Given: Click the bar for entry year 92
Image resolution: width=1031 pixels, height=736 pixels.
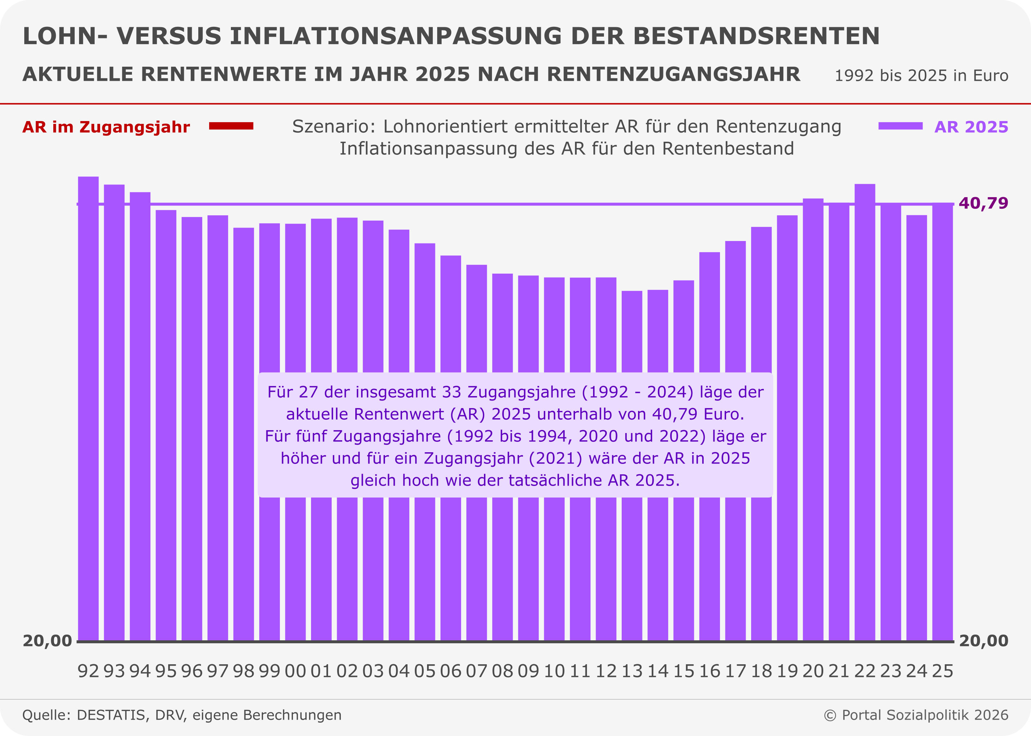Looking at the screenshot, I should [88, 408].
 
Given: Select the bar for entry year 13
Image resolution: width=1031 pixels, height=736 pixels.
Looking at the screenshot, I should [632, 566].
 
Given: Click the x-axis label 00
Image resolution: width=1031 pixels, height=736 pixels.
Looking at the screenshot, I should [295, 671].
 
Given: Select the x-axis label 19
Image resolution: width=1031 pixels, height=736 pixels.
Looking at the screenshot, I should [787, 671].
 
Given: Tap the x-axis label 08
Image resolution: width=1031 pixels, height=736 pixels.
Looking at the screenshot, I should [502, 671].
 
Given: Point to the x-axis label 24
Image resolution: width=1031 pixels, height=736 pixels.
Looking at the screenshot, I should [916, 671].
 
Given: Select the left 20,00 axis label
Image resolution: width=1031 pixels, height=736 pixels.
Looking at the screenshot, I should [47, 641].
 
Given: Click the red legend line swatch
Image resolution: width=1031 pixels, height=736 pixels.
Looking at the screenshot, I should [231, 126].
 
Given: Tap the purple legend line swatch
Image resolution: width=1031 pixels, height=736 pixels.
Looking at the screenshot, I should [900, 126].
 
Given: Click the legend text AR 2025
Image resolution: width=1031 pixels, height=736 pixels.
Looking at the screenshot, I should [971, 127].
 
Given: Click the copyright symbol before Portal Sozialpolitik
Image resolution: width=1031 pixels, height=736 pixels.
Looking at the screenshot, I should [830, 715].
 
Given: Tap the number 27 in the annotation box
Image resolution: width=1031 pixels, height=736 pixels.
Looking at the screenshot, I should [308, 392].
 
